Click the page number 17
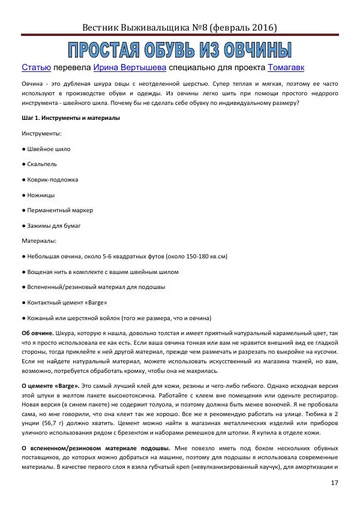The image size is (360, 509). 334,483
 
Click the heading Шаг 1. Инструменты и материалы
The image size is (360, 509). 71,118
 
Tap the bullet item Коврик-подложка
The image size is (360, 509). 52,179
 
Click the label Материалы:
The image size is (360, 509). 39,241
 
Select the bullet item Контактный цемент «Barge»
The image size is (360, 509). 67,302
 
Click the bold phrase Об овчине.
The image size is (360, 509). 37,332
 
